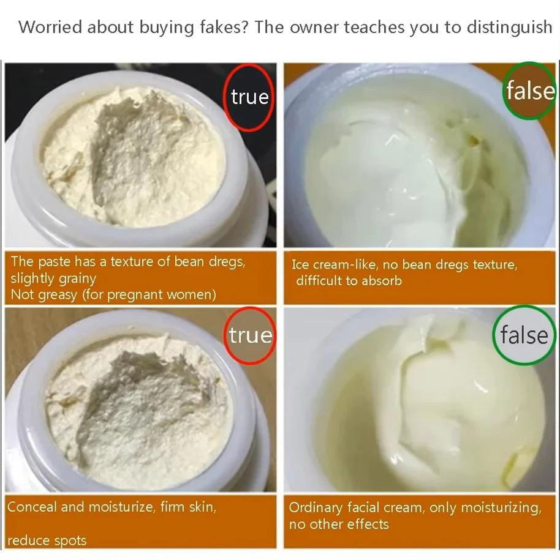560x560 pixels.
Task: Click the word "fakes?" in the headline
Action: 224,27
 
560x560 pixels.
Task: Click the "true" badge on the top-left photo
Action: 249,97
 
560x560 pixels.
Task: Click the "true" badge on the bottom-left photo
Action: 251,336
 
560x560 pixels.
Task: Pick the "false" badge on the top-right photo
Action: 530,91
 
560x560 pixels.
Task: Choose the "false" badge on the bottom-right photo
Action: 524,335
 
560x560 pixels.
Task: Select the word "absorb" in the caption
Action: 382,281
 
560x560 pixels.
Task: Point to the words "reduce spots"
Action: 47,540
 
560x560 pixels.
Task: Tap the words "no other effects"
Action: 339,525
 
